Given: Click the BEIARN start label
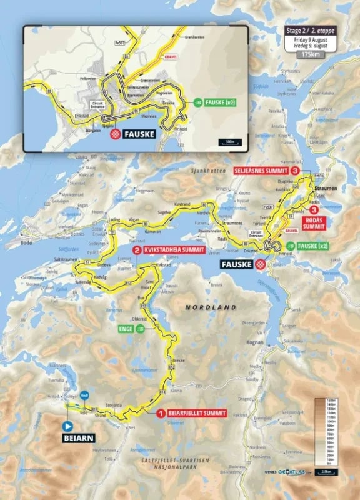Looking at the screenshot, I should coord(78,438).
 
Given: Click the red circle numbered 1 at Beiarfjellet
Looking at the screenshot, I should coord(161,412).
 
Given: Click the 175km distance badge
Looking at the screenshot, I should coord(307,55).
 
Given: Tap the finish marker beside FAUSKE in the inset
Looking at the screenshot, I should coord(116,134).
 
